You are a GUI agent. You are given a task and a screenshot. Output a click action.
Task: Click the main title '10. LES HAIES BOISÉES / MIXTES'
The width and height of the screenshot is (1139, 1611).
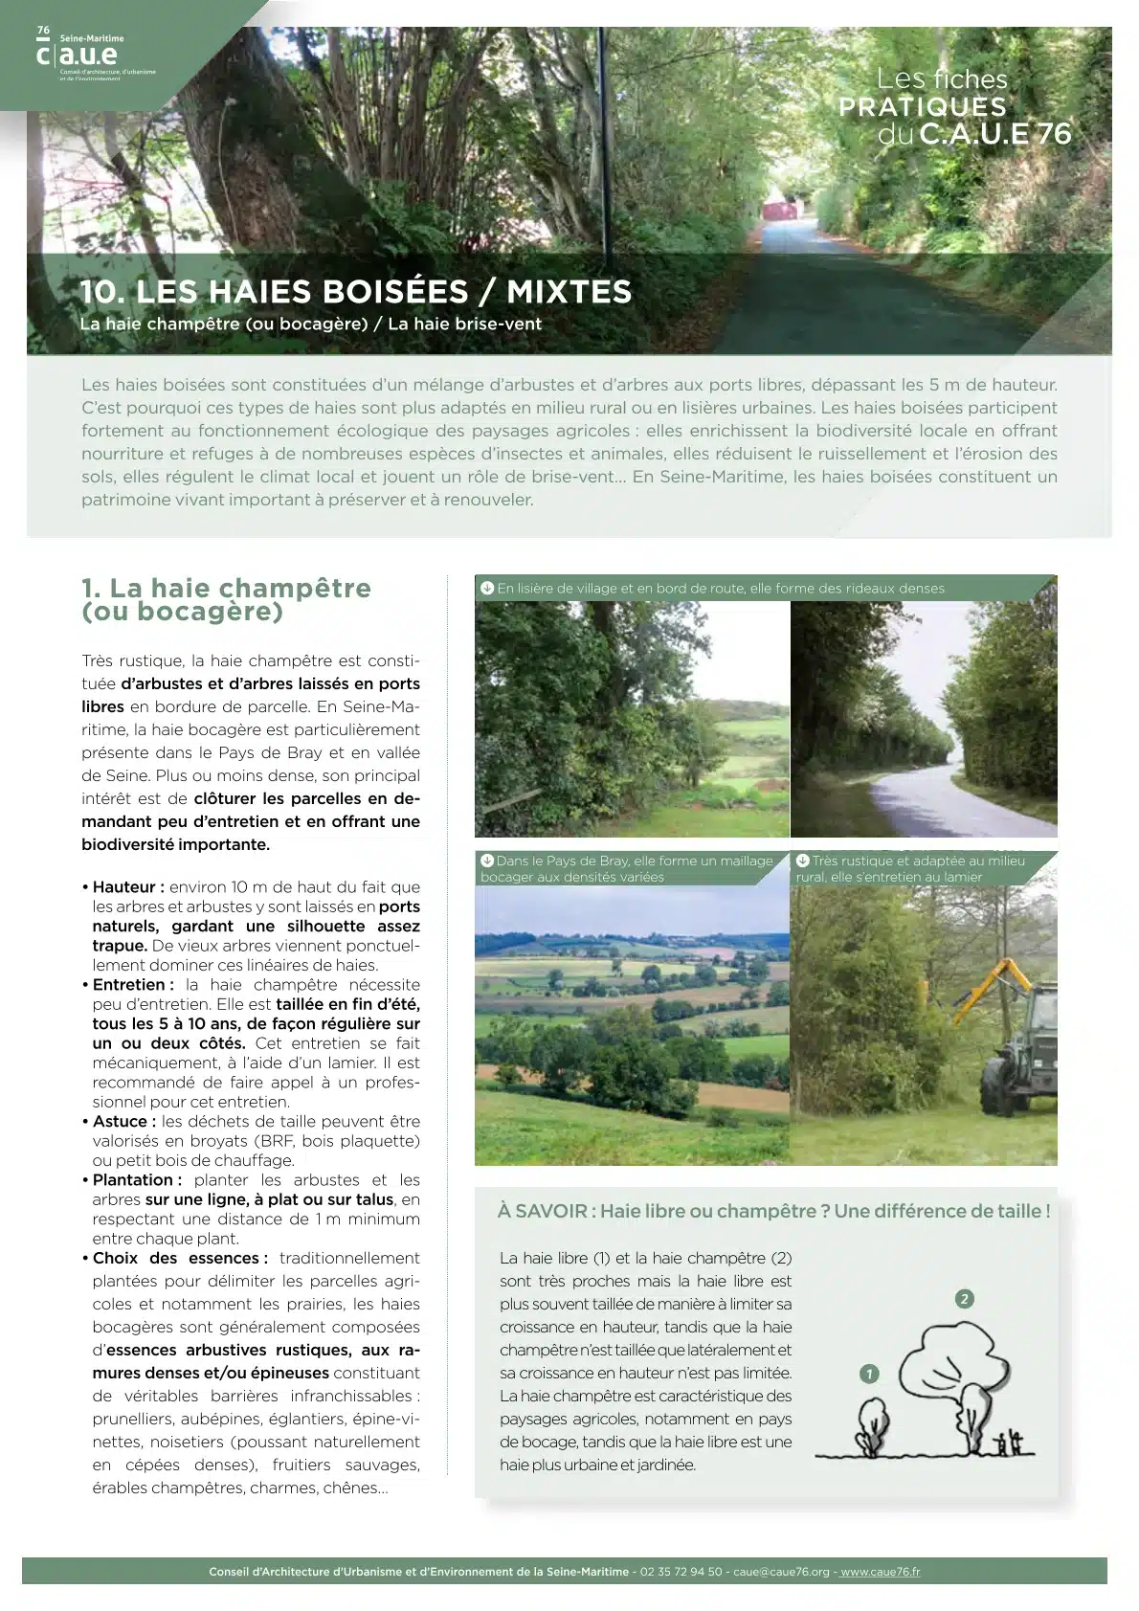tap(355, 291)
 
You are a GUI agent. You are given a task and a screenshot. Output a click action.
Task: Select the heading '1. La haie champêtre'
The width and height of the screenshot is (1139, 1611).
tap(226, 598)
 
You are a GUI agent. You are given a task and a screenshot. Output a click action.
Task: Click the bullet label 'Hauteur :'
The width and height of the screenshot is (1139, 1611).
tap(128, 887)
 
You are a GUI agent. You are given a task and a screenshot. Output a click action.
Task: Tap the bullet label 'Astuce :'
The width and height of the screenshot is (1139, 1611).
tap(124, 1121)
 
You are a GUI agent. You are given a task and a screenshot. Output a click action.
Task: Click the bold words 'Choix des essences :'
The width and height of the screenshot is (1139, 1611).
tap(180, 1258)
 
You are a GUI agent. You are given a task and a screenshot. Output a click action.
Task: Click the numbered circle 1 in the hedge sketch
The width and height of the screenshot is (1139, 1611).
tap(869, 1374)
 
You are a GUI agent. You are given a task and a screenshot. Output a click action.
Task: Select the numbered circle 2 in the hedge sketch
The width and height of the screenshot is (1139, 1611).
tap(964, 1299)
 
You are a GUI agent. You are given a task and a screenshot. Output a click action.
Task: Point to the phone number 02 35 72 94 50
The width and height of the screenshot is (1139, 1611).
tap(681, 1572)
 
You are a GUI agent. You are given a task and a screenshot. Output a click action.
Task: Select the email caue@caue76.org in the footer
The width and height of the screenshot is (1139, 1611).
tap(781, 1572)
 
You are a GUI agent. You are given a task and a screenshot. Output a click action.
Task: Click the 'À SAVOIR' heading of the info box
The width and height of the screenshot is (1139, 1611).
tap(542, 1211)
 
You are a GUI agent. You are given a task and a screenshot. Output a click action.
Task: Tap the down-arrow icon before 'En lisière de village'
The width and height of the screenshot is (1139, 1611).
tap(486, 588)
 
